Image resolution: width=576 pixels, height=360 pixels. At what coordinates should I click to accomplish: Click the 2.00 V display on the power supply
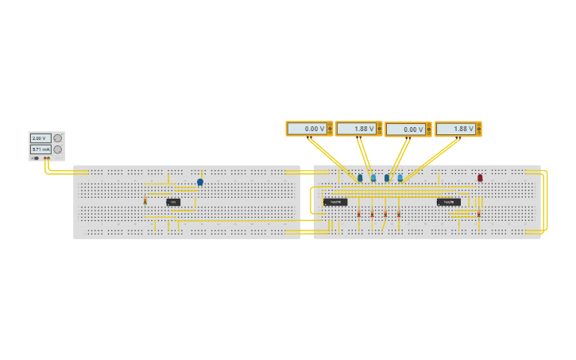coord(41,138)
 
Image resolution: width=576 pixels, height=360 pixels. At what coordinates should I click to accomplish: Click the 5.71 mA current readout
coord(41,149)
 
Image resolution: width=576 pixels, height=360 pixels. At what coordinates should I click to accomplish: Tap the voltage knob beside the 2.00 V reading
coord(58,138)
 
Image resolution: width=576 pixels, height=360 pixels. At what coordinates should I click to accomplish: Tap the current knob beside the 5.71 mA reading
coord(58,149)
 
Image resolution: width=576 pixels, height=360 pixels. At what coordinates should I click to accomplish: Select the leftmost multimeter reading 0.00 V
coord(307,129)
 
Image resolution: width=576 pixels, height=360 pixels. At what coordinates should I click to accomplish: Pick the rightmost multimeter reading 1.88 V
coord(456,129)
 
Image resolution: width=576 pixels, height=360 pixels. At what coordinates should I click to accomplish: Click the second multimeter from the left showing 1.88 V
coord(356,129)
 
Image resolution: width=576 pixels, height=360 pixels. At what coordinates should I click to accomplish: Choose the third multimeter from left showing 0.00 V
coord(406,129)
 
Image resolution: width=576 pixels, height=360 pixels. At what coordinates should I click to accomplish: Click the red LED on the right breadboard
coord(480,178)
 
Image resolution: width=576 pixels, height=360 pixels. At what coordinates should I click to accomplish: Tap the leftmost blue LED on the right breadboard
coord(360,178)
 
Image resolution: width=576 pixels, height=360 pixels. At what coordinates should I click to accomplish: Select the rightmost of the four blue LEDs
coord(400,178)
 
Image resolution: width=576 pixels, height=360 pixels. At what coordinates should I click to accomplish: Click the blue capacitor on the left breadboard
coord(200,182)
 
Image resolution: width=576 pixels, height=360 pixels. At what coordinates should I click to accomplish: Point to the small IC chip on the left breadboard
coord(173,202)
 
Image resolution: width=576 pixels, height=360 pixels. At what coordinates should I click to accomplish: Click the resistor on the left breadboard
coord(145,202)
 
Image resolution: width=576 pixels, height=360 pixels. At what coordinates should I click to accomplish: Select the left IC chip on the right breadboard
coord(335,202)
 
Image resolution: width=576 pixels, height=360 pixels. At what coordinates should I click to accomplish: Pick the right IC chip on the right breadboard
coord(448,202)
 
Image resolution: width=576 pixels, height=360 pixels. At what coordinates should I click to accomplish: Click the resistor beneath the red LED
coord(478,214)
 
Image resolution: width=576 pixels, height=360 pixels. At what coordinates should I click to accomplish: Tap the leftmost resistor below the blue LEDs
coord(359,214)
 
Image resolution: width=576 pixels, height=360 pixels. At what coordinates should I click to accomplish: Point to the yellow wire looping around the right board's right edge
coord(546,203)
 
